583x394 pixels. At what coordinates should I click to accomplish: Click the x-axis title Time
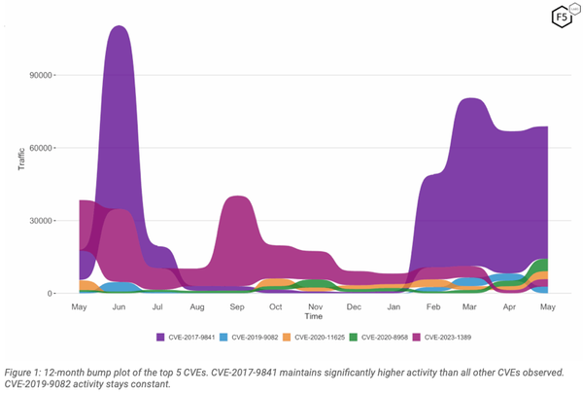coord(313,317)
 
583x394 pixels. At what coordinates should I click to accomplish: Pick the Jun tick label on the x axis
coord(120,306)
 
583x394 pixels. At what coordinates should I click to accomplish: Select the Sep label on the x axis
coord(237,306)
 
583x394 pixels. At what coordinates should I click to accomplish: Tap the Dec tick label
coord(355,306)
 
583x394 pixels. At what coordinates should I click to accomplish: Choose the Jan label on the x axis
coord(394,306)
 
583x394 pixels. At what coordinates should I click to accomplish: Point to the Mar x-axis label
coord(470,306)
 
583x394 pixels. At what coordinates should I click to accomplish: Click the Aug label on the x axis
coord(197,306)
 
